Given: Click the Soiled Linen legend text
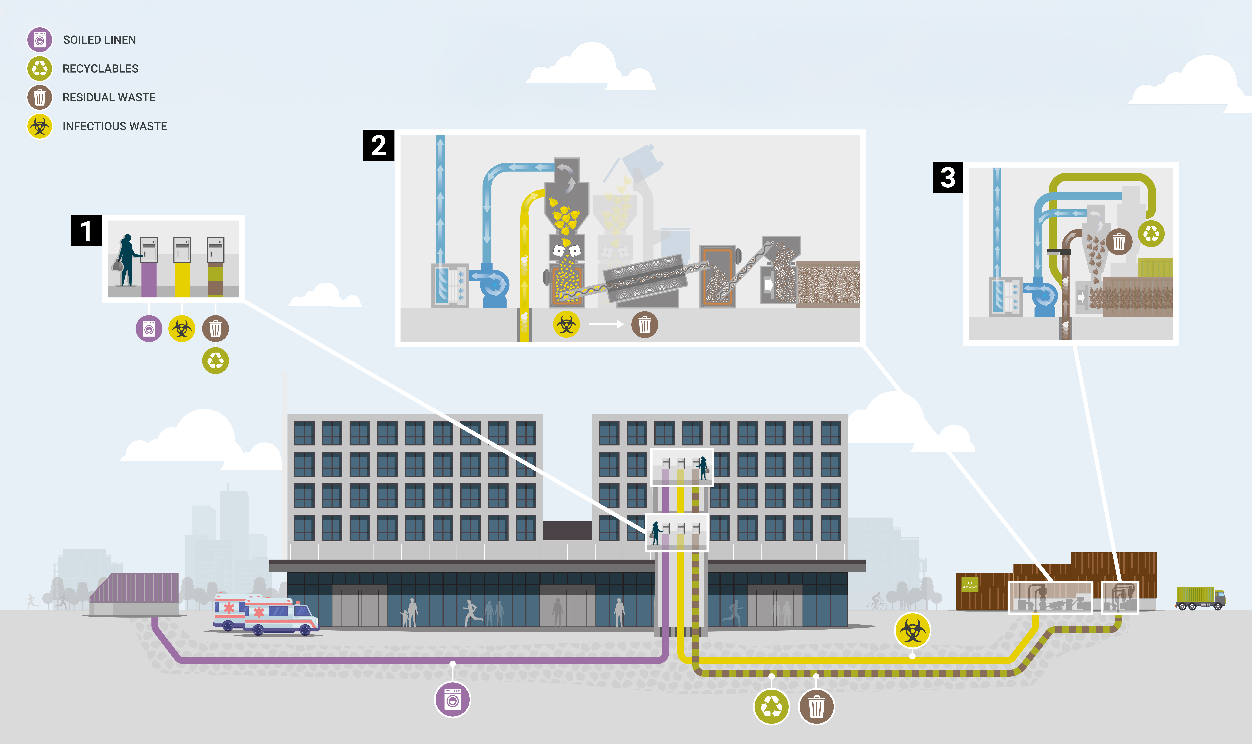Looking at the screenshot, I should coord(99,40).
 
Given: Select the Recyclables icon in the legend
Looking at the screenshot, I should coord(40,69).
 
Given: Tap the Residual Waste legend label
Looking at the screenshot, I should coord(109,97).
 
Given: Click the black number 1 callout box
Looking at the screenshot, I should coord(86,231).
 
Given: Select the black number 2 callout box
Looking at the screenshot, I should coord(378,145).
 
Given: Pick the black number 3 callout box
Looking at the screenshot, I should coord(947,177).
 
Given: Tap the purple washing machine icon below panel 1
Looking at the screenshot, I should coord(149,329).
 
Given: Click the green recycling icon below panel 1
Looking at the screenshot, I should coord(216,361).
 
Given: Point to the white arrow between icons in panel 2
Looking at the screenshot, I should coord(605,324).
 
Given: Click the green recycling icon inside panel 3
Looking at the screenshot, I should coord(1151,234).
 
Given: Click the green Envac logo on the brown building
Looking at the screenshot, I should coord(970,585).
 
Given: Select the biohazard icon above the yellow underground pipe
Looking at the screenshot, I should coord(912,631).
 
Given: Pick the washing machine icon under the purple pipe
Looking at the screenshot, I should coord(452,700).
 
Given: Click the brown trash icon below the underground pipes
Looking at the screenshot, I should coord(816,707).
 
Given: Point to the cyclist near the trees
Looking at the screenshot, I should coord(877,602).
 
